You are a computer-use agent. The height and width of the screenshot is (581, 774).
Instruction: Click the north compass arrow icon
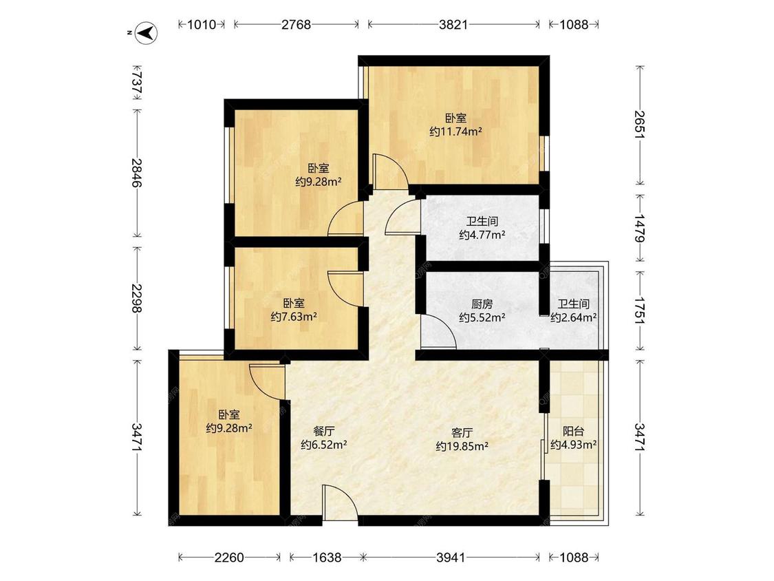147,33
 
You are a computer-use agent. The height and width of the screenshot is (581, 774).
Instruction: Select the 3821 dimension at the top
453,24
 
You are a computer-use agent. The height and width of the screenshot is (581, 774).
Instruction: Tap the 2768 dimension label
296,24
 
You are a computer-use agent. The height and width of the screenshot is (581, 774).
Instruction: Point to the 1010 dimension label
202,24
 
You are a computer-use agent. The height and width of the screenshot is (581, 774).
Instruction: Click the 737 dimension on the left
137,83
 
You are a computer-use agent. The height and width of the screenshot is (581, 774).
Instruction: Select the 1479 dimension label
640,228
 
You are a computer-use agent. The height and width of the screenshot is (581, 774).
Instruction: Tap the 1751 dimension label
640,310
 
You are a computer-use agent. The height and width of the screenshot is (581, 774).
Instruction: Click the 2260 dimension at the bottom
229,558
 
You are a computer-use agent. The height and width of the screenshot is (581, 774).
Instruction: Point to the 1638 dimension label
327,558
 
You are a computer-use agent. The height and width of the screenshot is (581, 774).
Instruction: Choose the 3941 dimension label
451,558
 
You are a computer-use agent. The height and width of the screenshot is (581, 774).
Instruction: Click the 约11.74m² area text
455,131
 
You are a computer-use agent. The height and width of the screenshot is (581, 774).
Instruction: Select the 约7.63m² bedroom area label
294,317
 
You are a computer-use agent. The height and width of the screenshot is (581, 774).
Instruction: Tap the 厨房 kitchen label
482,304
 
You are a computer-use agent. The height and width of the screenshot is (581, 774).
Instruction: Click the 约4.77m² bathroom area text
482,235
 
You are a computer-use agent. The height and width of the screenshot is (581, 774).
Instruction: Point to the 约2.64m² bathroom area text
574,317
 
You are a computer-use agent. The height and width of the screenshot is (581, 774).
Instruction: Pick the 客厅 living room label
462,433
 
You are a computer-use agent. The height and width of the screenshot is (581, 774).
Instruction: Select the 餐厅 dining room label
324,432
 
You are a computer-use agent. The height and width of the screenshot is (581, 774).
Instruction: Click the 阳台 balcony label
574,432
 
